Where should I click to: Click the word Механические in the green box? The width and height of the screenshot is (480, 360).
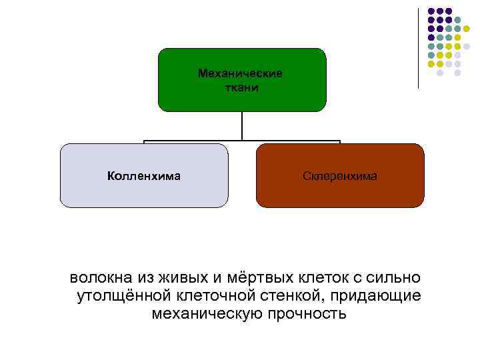pyautogui.click(x=240, y=73)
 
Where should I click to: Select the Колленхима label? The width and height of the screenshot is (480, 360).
pyautogui.click(x=144, y=176)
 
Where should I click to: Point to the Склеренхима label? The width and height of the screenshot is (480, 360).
pyautogui.click(x=340, y=176)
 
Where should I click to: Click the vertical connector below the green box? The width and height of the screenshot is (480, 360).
pyautogui.click(x=242, y=127)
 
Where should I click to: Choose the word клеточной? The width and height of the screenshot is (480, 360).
pyautogui.click(x=219, y=295)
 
